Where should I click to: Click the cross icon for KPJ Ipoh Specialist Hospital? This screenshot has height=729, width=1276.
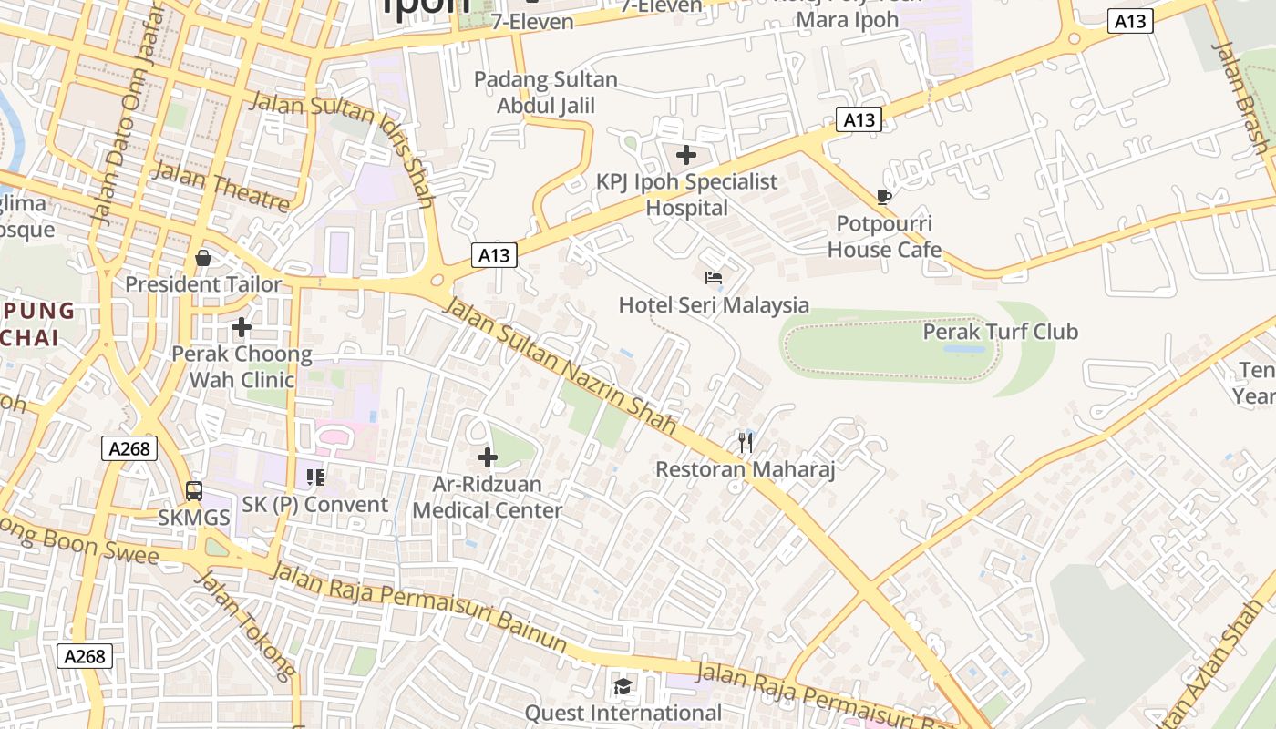click(x=686, y=155)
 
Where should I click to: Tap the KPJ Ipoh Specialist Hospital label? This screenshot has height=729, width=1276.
click(x=687, y=195)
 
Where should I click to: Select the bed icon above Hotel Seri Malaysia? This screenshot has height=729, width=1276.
click(x=714, y=278)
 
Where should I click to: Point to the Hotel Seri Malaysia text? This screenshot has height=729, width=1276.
click(x=714, y=305)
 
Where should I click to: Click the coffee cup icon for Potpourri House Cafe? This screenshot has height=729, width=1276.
click(x=883, y=197)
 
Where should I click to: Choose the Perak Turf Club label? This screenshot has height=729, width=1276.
click(x=1000, y=332)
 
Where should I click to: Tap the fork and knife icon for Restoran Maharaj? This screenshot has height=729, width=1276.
click(x=746, y=443)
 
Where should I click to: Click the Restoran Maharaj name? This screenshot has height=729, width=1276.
click(x=746, y=470)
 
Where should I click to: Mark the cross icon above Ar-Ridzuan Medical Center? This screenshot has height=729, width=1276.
click(x=488, y=457)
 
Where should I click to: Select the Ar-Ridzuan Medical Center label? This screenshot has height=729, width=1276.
click(x=488, y=498)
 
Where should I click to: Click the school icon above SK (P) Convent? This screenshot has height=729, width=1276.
click(x=315, y=477)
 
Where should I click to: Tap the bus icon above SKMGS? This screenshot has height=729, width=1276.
click(x=194, y=491)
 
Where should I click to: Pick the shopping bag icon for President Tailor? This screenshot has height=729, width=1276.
click(x=203, y=258)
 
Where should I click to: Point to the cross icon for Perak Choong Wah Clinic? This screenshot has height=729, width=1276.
click(x=242, y=326)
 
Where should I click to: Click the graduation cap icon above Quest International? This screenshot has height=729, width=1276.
click(x=623, y=686)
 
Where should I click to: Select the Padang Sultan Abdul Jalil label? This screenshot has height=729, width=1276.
click(x=546, y=93)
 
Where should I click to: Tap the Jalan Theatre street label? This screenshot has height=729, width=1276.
click(x=221, y=186)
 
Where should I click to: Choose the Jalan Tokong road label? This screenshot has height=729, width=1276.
click(x=246, y=626)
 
